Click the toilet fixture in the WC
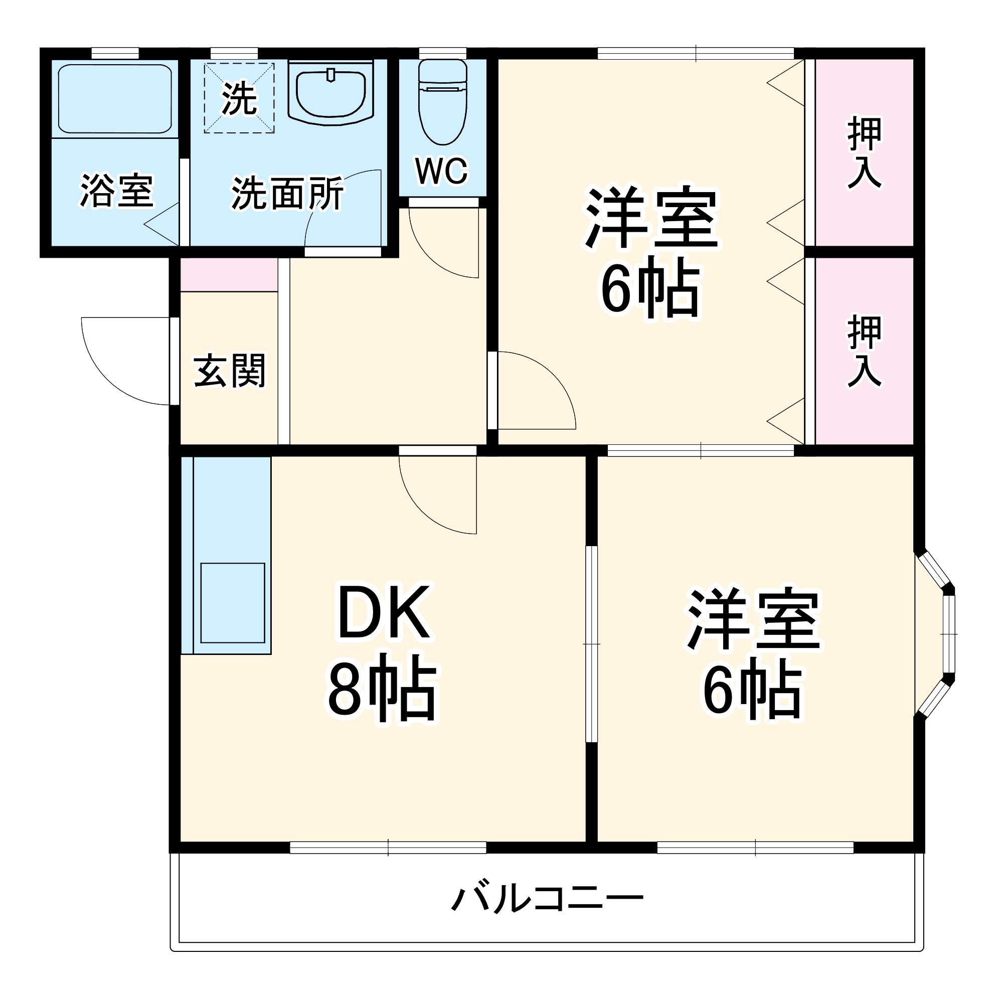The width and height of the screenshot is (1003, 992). pyautogui.click(x=442, y=101)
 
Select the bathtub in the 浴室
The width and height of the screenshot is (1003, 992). pyautogui.click(x=115, y=98)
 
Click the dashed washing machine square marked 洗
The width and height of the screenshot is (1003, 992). pyautogui.click(x=239, y=98)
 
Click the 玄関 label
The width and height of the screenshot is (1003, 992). pyautogui.click(x=230, y=371)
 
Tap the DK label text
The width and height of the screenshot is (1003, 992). pyautogui.click(x=384, y=612)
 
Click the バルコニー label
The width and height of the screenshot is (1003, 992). pyautogui.click(x=547, y=899)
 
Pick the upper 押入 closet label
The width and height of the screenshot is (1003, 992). pyautogui.click(x=864, y=152)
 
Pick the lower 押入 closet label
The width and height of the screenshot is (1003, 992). pyautogui.click(x=864, y=352)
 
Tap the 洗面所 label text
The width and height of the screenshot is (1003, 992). pyautogui.click(x=287, y=194)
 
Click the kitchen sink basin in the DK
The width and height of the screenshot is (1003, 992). pyautogui.click(x=233, y=603)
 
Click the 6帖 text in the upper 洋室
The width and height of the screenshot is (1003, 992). pyautogui.click(x=651, y=289)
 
